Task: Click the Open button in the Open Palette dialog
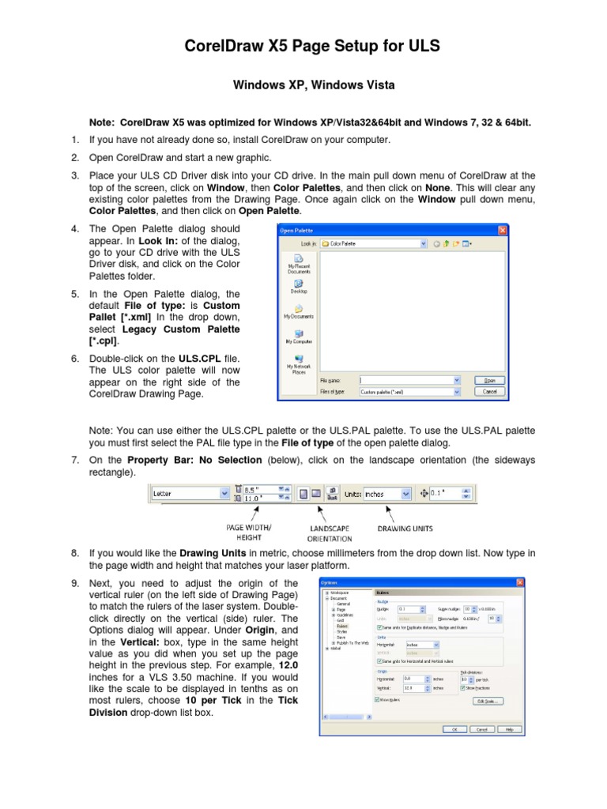click(489, 380)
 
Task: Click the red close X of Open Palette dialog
click(501, 230)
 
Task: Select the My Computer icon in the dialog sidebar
click(299, 337)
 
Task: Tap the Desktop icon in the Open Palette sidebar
click(299, 285)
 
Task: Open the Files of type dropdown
click(409, 391)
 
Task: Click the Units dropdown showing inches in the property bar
click(387, 494)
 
